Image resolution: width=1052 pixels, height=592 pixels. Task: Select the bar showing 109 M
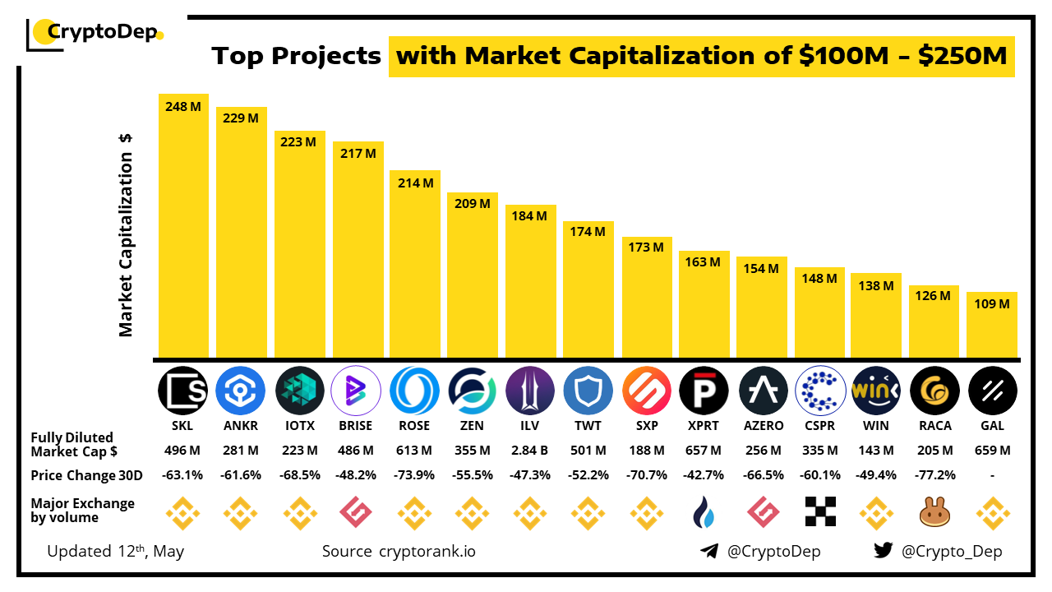992,324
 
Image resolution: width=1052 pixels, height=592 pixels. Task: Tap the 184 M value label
530,216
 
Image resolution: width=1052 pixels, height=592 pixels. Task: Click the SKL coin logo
183,390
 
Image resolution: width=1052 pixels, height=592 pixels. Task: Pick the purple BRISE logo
356,390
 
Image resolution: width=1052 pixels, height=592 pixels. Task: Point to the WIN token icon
876,390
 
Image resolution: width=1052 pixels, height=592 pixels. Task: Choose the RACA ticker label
934,426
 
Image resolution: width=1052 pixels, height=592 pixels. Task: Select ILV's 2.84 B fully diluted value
530,451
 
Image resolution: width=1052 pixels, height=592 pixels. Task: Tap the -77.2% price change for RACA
934,475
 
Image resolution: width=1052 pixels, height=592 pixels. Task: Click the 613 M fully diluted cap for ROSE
414,451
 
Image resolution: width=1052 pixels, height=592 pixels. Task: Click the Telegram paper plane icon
708,551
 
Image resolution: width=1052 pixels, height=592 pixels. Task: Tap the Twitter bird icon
884,551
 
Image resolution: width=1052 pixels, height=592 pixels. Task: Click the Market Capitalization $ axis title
126,234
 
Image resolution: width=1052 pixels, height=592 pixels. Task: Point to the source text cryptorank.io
427,551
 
